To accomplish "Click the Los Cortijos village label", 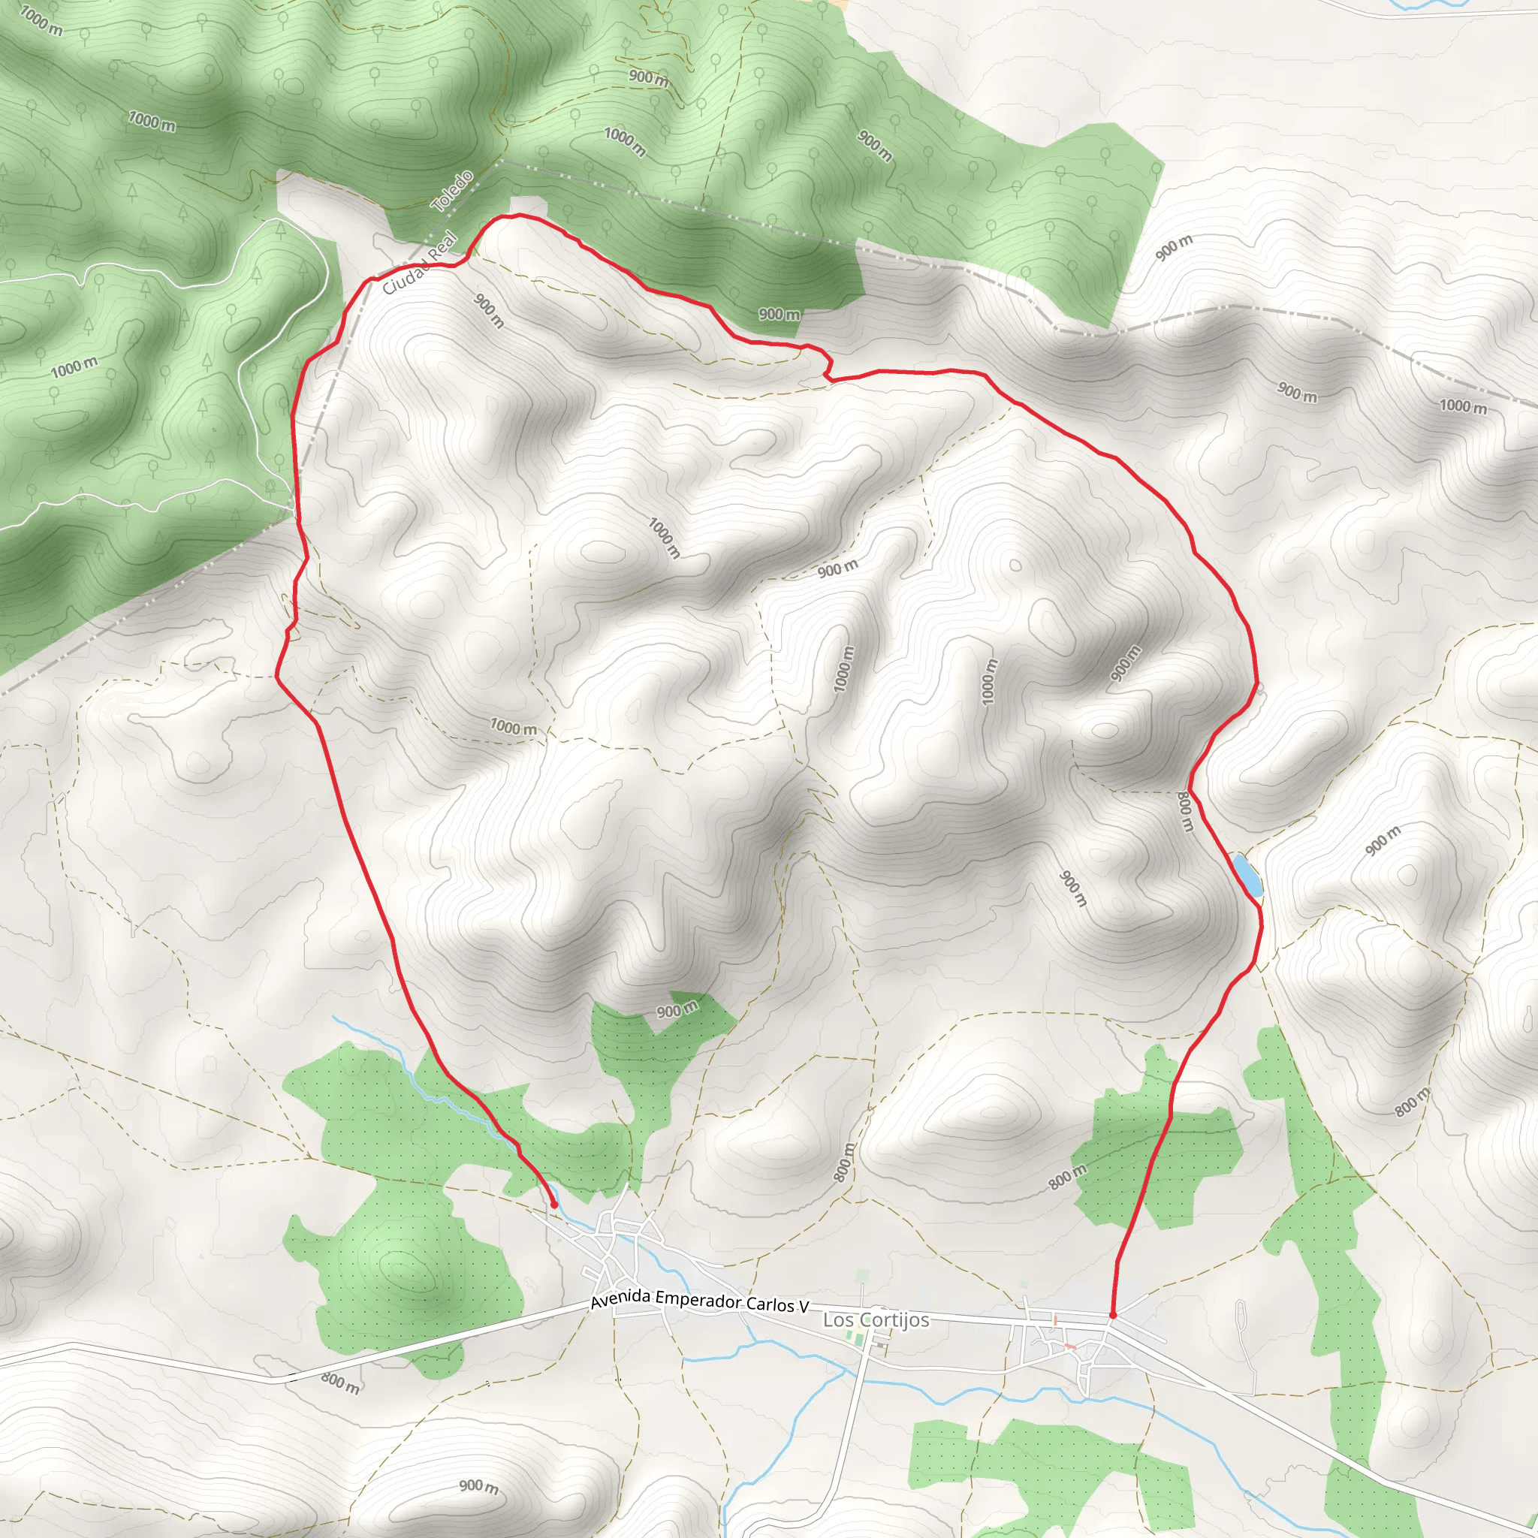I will (876, 1320).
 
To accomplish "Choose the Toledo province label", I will (452, 191).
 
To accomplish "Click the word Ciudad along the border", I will (406, 276).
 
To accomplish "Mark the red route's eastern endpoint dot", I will (1112, 1315).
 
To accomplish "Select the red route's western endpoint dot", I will (554, 1205).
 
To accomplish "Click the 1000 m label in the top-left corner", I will (41, 20).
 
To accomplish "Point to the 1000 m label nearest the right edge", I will (1463, 406).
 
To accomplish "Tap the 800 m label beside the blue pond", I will (1185, 812).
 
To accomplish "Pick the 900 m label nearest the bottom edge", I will (479, 1485).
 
